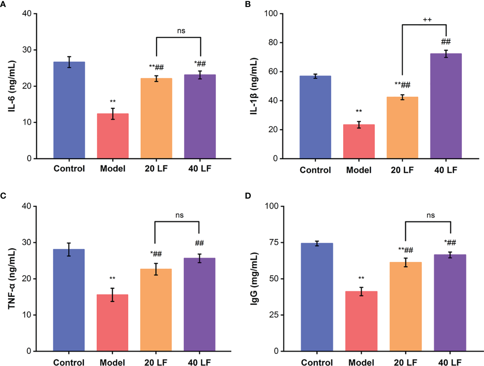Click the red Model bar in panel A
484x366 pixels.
point(113,136)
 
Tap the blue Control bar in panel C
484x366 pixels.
point(69,300)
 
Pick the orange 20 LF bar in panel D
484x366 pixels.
point(405,306)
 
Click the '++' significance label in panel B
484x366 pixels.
point(427,20)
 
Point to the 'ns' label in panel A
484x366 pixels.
point(181,31)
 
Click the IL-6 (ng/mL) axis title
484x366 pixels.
point(12,86)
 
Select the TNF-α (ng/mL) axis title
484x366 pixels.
point(12,279)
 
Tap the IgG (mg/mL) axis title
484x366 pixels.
point(255,279)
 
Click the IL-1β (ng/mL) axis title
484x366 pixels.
point(254,86)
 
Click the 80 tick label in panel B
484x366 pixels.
point(272,43)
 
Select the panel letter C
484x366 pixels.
point(3,196)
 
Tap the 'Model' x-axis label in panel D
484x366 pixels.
point(361,362)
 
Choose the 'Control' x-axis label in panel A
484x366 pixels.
point(69,168)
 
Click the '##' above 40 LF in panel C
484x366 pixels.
point(199,243)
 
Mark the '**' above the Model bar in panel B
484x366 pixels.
point(359,111)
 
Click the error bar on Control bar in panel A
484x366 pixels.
point(69,62)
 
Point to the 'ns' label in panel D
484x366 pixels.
point(430,215)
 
